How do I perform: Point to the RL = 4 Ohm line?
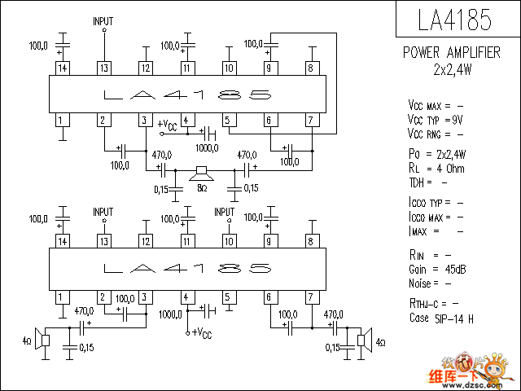[436, 169]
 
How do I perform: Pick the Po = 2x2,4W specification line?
[437, 154]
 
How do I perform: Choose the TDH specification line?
[427, 182]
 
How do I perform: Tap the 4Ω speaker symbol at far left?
[46, 340]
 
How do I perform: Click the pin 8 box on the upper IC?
[310, 68]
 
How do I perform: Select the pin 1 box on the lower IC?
[61, 297]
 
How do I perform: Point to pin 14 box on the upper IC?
[61, 68]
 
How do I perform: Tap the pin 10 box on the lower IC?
[229, 241]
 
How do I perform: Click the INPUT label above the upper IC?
[103, 20]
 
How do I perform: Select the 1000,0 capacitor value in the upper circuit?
[207, 148]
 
